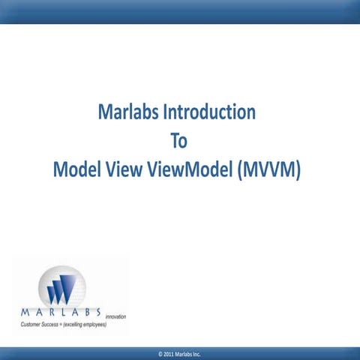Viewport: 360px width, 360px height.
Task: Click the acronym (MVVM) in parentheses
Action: (x=268, y=171)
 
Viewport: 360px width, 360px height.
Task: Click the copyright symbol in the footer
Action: (x=151, y=353)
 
